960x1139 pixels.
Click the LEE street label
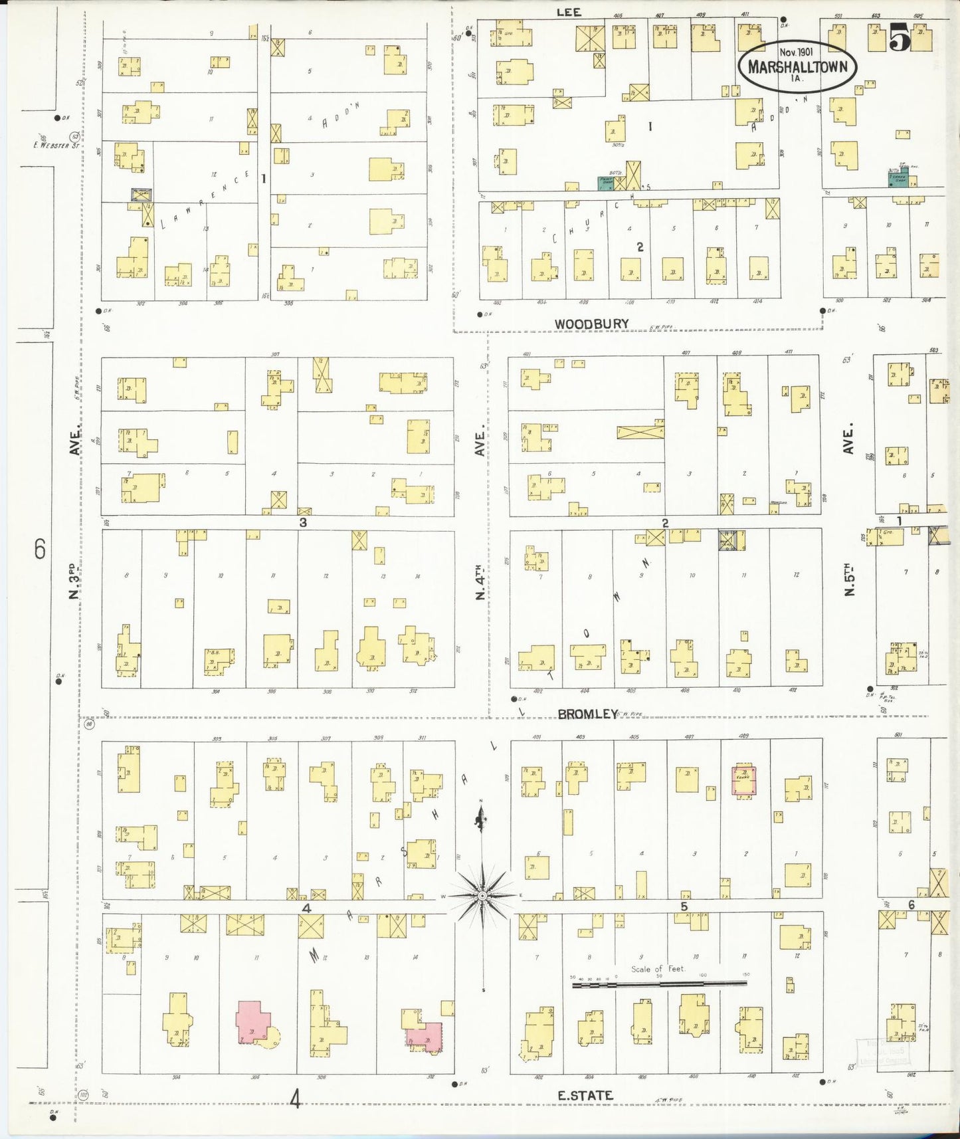click(569, 12)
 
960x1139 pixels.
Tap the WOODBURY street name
click(591, 324)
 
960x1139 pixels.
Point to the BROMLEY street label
click(587, 714)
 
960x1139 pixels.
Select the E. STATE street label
click(585, 1095)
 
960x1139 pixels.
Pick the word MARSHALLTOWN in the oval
click(797, 66)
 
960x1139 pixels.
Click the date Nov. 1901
click(800, 51)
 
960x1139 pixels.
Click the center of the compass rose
click(481, 896)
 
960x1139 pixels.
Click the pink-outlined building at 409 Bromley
click(745, 779)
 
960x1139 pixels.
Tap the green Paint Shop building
click(605, 185)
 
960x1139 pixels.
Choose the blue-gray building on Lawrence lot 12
click(141, 194)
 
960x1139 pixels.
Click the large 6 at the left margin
click(40, 550)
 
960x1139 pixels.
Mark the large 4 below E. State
click(296, 1100)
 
